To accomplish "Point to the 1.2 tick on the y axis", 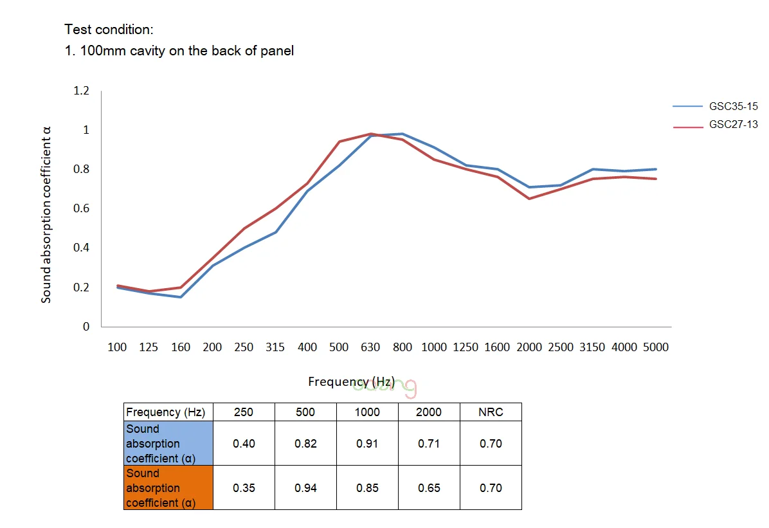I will [x=81, y=91].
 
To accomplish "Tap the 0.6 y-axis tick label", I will [x=81, y=208].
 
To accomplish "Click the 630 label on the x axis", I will [x=370, y=347].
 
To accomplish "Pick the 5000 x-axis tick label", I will [x=655, y=347].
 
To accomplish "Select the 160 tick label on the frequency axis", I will [x=181, y=347].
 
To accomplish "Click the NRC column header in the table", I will [x=491, y=412].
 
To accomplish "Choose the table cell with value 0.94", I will [x=305, y=488].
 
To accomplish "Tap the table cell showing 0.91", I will [x=367, y=444].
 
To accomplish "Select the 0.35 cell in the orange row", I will [x=243, y=488].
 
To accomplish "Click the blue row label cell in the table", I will [x=168, y=444].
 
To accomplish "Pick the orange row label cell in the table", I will [x=168, y=488].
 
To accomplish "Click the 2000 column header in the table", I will [x=429, y=412].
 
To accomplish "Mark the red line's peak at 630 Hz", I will [x=371, y=134].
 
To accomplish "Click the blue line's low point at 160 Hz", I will [x=181, y=297].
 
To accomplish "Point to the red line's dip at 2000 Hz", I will [x=529, y=199].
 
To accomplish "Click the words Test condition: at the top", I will [x=109, y=30].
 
